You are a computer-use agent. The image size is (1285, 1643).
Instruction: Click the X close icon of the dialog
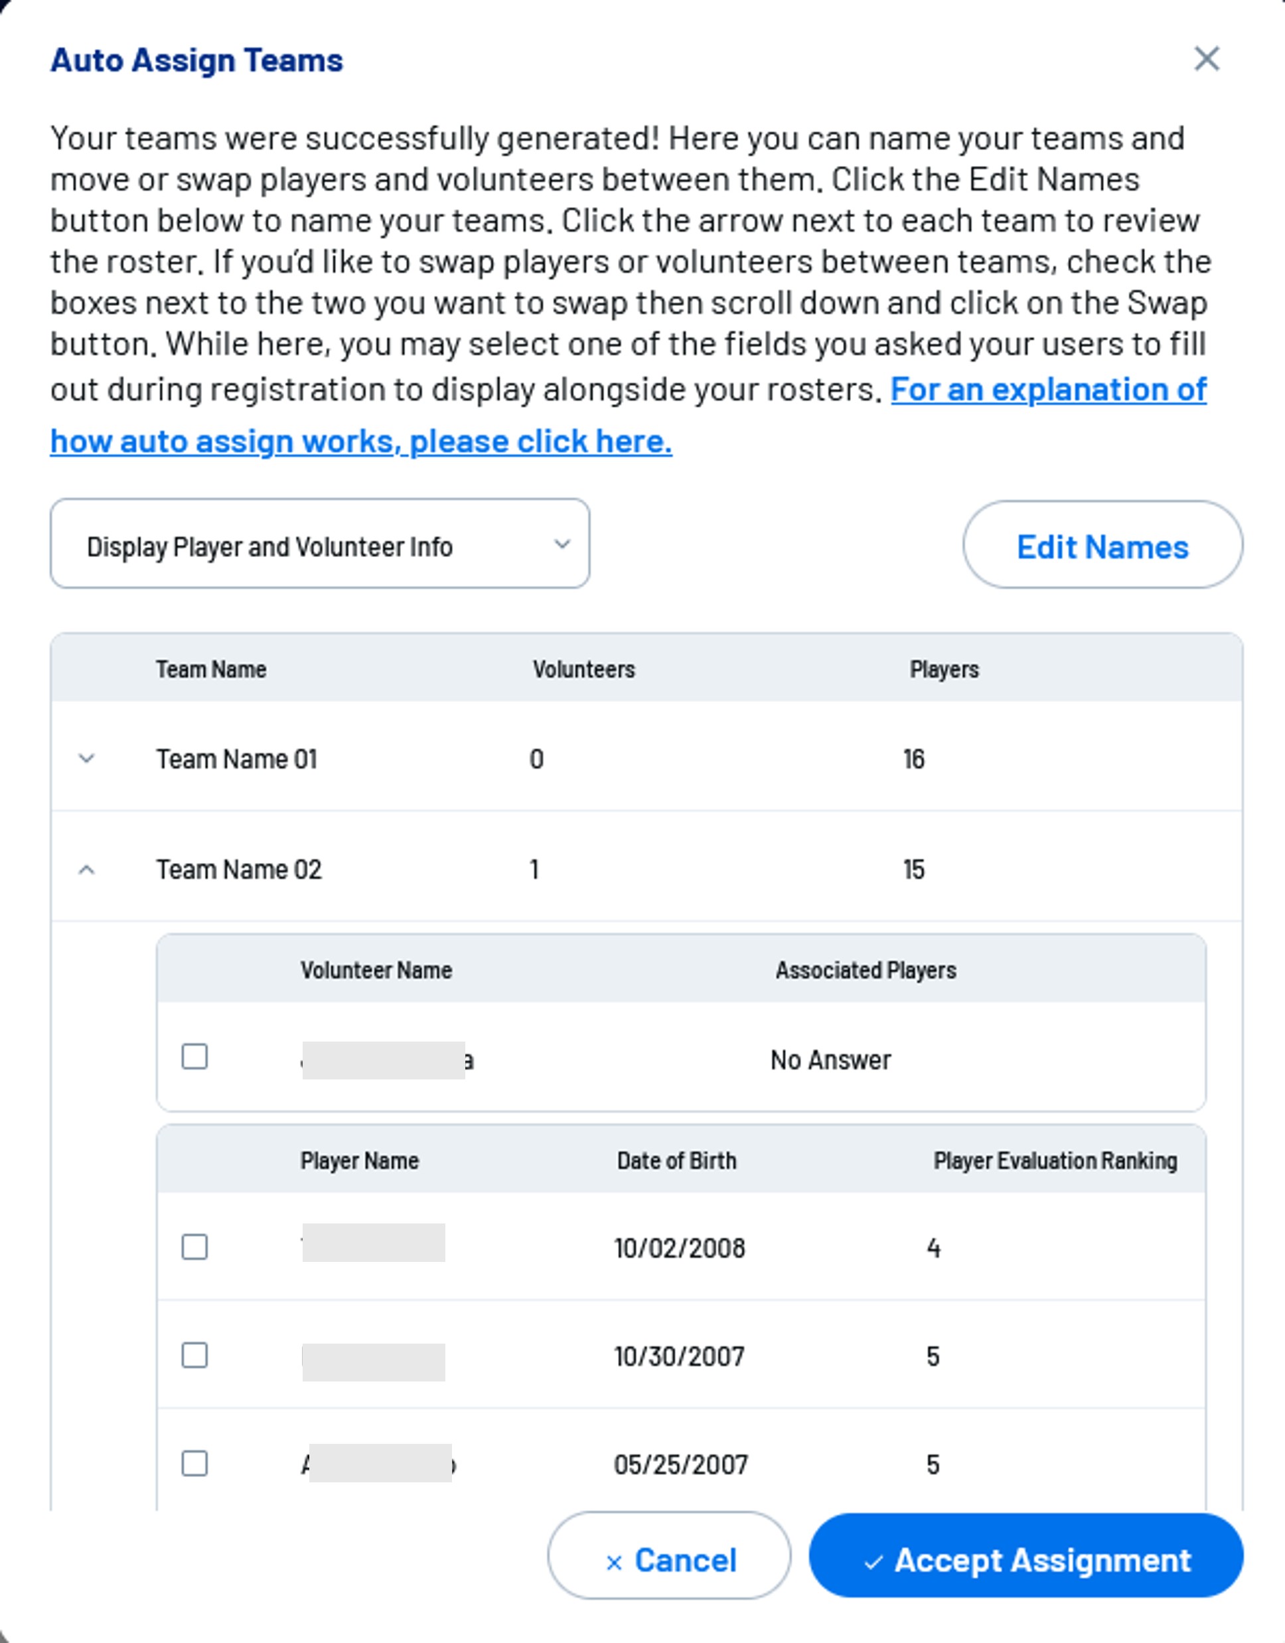1206,58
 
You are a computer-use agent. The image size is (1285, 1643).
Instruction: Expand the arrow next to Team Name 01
86,758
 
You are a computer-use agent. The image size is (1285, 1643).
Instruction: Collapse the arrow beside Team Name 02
86,870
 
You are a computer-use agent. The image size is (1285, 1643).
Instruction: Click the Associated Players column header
866,970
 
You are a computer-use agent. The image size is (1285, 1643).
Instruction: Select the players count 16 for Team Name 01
914,759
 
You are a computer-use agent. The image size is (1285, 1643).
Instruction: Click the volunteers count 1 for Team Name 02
534,870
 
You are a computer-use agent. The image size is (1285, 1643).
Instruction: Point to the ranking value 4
934,1248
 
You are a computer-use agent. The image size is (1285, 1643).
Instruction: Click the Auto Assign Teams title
196,60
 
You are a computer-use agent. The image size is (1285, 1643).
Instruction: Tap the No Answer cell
830,1060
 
